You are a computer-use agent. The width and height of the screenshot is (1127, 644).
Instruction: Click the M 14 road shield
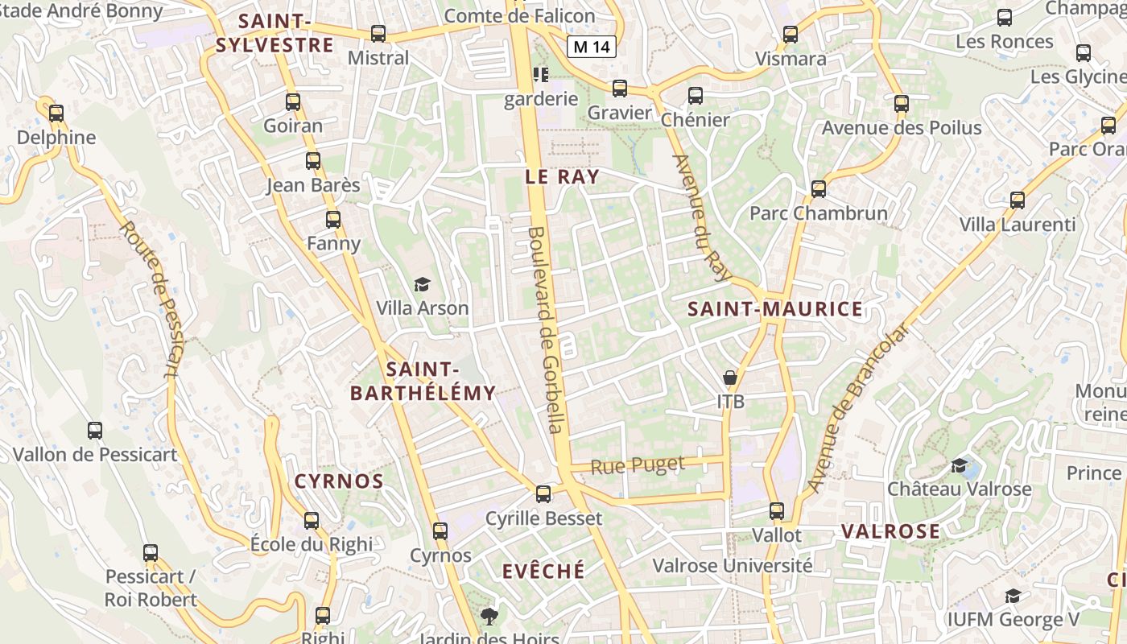click(591, 47)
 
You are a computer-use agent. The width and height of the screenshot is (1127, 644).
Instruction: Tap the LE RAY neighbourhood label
click(562, 177)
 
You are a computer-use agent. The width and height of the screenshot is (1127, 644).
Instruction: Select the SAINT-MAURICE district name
click(774, 309)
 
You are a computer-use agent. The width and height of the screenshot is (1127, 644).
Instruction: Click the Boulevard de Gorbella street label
click(544, 330)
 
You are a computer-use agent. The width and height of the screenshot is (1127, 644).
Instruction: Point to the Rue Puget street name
click(638, 465)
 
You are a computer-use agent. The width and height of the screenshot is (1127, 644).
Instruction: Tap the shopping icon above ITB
click(730, 377)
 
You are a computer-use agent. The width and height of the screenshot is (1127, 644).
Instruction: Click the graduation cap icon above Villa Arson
click(422, 284)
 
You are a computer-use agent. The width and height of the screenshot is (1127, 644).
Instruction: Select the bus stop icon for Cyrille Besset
click(543, 493)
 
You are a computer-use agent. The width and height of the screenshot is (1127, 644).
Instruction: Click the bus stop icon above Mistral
click(378, 34)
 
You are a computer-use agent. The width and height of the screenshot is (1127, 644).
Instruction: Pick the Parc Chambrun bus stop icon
click(819, 189)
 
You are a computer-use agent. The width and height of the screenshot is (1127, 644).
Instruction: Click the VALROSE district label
click(890, 531)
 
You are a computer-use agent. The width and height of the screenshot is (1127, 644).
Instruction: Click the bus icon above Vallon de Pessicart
click(95, 431)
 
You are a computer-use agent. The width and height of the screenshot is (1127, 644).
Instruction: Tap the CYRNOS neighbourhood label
click(339, 481)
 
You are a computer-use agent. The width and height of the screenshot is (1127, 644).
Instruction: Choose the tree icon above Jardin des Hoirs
click(488, 617)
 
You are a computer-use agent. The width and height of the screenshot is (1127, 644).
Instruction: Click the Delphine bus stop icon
click(56, 114)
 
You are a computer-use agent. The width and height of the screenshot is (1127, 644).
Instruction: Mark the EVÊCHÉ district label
click(543, 571)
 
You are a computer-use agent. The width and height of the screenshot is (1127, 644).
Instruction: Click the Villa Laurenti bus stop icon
click(1018, 200)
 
